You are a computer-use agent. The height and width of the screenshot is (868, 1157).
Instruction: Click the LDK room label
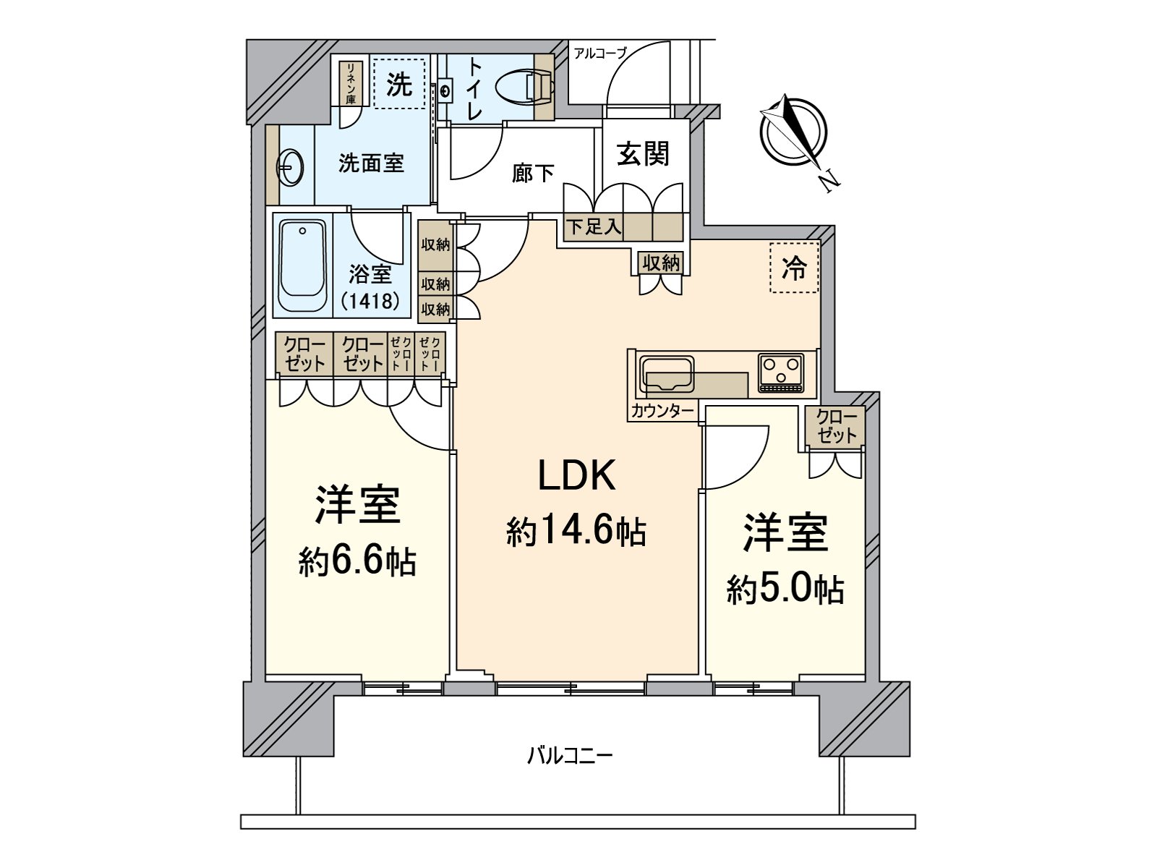(x=576, y=476)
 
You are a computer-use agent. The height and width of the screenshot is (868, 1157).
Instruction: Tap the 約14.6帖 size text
(x=576, y=533)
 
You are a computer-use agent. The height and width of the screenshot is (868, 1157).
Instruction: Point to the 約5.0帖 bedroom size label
(x=785, y=590)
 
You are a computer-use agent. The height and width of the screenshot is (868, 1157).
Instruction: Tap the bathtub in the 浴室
(x=302, y=266)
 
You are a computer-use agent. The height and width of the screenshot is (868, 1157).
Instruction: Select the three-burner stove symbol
(x=781, y=372)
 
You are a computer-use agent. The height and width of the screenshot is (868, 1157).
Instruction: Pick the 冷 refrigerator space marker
(x=794, y=268)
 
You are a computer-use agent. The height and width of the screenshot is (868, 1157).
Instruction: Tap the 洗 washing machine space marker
(x=399, y=84)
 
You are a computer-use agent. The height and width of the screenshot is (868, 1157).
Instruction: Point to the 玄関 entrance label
(x=642, y=153)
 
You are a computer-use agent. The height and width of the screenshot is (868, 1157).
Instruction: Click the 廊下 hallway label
(x=533, y=173)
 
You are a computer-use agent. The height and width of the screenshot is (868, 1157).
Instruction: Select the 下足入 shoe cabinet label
(x=594, y=227)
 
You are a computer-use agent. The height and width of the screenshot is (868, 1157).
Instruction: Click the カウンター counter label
(x=662, y=412)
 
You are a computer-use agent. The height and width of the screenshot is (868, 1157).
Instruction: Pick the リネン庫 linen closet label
(x=351, y=84)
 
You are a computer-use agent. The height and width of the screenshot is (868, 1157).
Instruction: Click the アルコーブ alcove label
(x=599, y=52)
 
